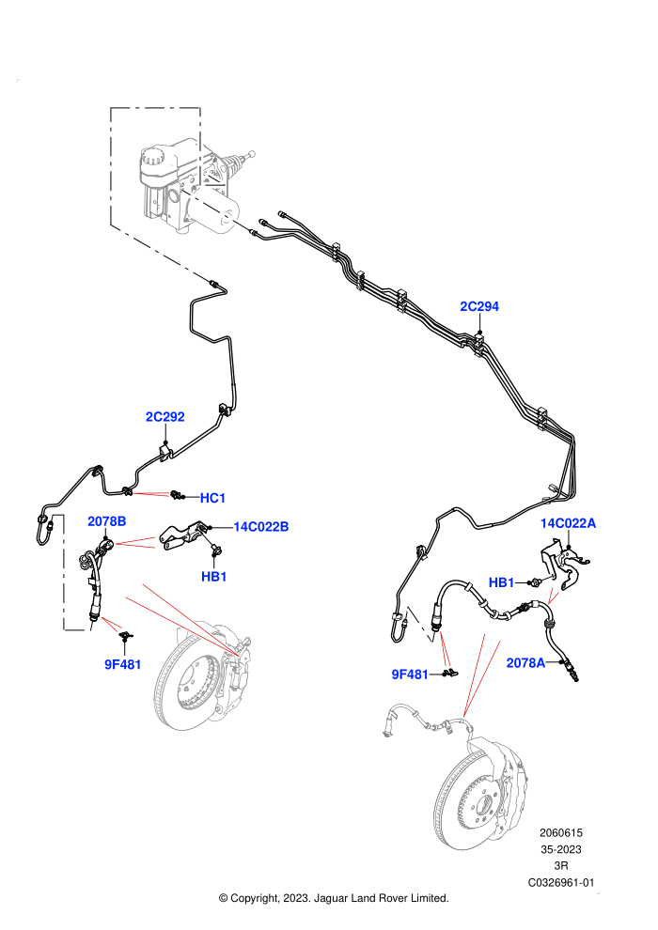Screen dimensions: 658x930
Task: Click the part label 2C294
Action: pyautogui.click(x=479, y=306)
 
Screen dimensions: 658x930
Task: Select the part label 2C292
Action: pyautogui.click(x=164, y=417)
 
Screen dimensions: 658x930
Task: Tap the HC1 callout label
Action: pyautogui.click(x=212, y=498)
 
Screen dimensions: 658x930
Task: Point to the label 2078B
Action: pyautogui.click(x=107, y=521)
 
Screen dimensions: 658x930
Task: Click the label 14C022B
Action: pyautogui.click(x=261, y=527)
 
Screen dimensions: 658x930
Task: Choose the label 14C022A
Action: pyautogui.click(x=568, y=523)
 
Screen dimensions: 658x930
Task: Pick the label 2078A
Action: pyautogui.click(x=525, y=663)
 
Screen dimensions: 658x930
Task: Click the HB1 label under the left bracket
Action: pyautogui.click(x=213, y=577)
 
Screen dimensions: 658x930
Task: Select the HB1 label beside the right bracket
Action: pyautogui.click(x=501, y=583)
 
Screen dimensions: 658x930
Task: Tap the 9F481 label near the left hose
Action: pyautogui.click(x=123, y=665)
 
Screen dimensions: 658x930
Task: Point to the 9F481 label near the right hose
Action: pyautogui.click(x=410, y=675)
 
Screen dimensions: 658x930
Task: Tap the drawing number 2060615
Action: pyautogui.click(x=561, y=833)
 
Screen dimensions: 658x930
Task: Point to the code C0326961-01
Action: pyautogui.click(x=561, y=883)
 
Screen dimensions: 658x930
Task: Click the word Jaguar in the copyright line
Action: pyautogui.click(x=332, y=899)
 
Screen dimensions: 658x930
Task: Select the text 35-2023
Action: pyautogui.click(x=561, y=850)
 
